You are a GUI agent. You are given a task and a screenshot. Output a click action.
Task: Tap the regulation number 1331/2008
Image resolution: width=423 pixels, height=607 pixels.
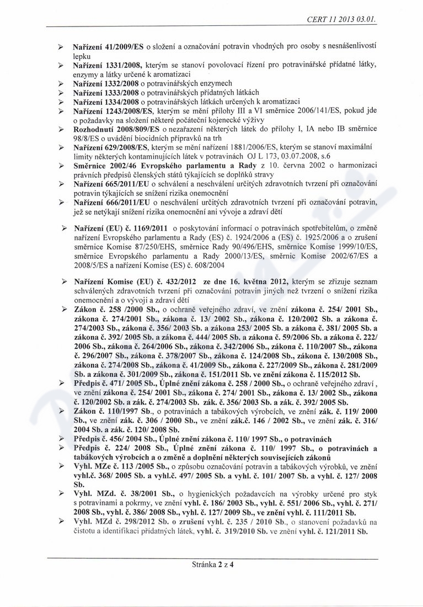click(x=119, y=65)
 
